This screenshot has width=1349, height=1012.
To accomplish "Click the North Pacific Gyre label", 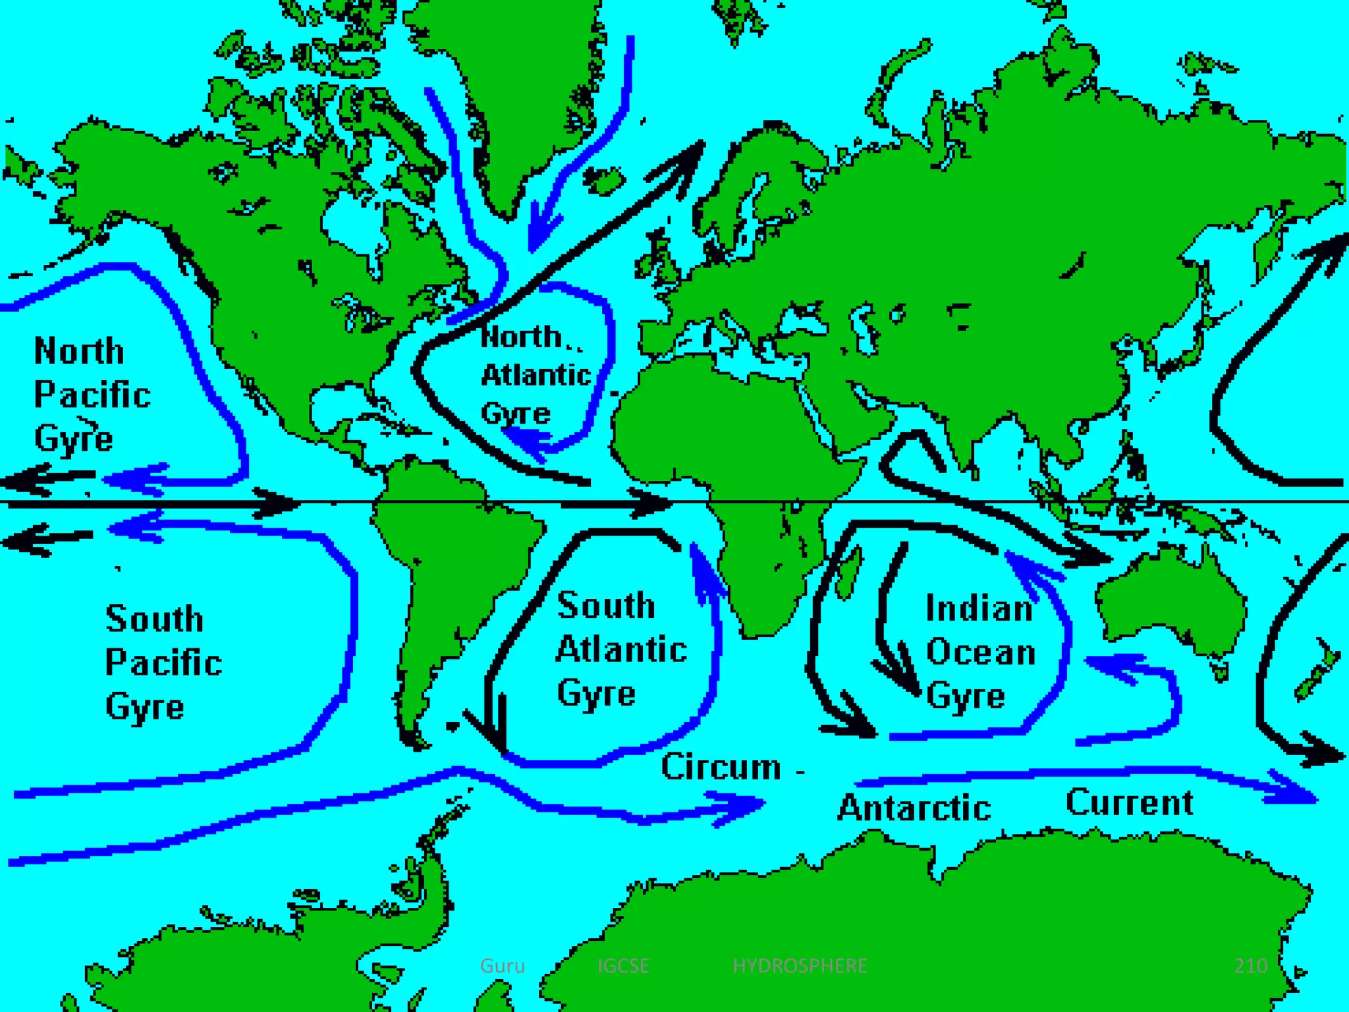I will (x=92, y=395).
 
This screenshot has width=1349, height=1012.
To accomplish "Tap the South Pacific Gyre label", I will (x=163, y=662).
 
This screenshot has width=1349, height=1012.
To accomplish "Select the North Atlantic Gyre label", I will (x=535, y=375).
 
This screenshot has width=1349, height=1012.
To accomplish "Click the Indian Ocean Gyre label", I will (x=980, y=652).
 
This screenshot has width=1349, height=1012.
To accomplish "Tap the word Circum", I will (x=721, y=767).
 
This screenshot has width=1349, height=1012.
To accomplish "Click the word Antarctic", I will (x=914, y=808).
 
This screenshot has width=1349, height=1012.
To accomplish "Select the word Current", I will (x=1129, y=802).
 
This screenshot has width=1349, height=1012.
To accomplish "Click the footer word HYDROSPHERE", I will (x=800, y=966).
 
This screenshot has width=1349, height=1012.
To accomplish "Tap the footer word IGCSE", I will (x=623, y=966).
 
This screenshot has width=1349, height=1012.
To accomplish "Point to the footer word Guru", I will (x=503, y=966).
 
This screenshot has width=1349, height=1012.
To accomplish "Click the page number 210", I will (x=1250, y=966).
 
